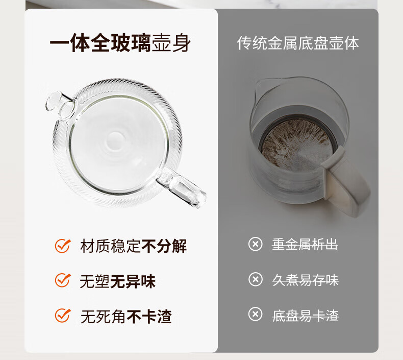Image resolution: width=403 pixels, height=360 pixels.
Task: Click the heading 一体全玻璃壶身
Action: point(120,43)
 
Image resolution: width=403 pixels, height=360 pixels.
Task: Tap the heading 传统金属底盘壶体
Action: point(298,43)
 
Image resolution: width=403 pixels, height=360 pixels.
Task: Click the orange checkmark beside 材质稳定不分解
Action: point(63,246)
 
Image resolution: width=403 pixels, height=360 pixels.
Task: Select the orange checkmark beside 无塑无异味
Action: point(63,280)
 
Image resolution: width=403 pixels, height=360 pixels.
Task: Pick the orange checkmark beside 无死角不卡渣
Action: point(63,315)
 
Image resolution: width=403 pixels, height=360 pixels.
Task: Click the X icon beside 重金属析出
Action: point(256,244)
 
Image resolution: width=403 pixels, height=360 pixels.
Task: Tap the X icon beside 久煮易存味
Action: point(256,279)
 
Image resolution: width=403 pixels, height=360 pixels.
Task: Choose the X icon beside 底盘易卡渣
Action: point(256,314)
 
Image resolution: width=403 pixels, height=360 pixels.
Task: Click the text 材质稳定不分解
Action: point(133,246)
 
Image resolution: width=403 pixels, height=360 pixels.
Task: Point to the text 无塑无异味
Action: point(118,281)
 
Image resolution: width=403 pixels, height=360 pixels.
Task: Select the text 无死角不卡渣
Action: point(126,316)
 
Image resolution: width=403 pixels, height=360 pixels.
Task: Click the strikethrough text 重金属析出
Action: point(305,245)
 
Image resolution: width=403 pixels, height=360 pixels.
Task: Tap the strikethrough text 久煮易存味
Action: point(306,280)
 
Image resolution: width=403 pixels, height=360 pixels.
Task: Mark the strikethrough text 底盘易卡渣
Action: point(306,315)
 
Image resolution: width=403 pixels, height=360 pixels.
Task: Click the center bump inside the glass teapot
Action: point(115,141)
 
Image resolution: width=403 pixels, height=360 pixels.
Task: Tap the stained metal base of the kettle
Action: point(296,145)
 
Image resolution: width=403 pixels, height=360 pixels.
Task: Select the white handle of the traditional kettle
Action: point(346,182)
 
